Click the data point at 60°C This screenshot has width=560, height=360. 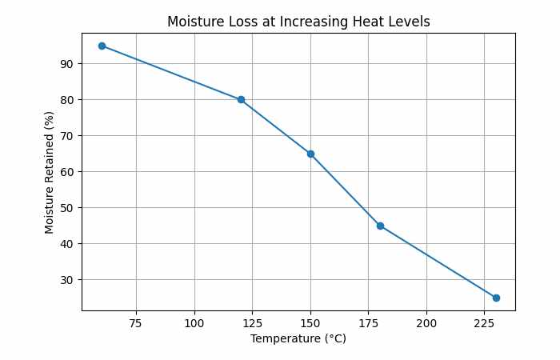102,46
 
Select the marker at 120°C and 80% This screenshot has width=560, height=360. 241,100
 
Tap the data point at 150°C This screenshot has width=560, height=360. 310,154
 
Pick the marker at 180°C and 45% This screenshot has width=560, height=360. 380,226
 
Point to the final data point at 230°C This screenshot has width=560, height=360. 496,298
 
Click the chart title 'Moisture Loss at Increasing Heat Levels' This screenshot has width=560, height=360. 298,22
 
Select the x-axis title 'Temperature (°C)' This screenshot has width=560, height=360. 298,338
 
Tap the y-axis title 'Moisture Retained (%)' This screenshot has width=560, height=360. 50,172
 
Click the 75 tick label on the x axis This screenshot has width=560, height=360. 136,322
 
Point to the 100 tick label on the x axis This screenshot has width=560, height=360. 194,322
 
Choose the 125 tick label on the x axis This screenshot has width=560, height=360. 252,322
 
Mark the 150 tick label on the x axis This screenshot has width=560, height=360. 310,322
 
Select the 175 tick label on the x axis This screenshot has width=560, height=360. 368,322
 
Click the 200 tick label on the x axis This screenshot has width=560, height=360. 426,322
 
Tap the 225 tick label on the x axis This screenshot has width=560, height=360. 484,322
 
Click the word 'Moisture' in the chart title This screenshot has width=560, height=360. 193,22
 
